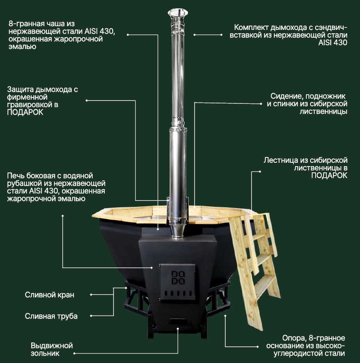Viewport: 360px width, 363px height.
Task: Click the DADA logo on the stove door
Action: coord(178,277)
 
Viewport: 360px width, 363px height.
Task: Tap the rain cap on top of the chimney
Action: coord(178,13)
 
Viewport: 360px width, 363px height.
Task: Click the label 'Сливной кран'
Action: coord(49,295)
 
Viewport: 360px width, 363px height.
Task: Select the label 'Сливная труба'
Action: coord(51,316)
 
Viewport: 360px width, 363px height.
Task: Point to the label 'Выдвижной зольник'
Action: coord(52,349)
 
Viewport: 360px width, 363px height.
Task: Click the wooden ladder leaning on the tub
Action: coord(254,269)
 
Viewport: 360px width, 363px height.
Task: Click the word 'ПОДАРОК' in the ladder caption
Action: coord(329,175)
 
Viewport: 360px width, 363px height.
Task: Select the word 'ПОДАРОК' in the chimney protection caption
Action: coord(25,112)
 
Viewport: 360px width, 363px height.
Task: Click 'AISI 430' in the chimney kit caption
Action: coord(333,43)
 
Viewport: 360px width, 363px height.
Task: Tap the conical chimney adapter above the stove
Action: coord(178,231)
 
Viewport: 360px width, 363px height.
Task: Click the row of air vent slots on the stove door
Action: coord(178,293)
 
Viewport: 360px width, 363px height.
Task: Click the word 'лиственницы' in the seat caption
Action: coord(323,112)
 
